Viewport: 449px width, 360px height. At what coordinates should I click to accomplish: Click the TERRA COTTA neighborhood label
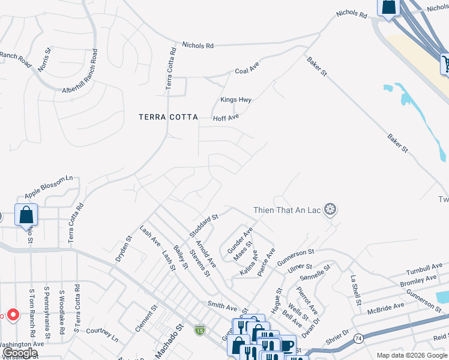click(x=168, y=118)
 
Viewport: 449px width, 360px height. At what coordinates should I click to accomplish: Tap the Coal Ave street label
click(x=246, y=70)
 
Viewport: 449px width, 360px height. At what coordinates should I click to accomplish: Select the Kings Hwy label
click(x=236, y=100)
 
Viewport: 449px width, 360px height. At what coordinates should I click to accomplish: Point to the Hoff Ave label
click(x=226, y=118)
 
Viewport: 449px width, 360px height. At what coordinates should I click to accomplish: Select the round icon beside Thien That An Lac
click(x=330, y=209)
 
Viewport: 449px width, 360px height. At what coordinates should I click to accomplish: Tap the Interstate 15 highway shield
click(x=199, y=329)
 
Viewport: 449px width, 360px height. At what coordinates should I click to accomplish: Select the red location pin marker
click(x=13, y=314)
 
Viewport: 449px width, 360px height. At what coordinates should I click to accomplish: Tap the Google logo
click(x=20, y=353)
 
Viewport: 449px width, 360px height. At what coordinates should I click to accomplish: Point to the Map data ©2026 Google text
click(x=411, y=355)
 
